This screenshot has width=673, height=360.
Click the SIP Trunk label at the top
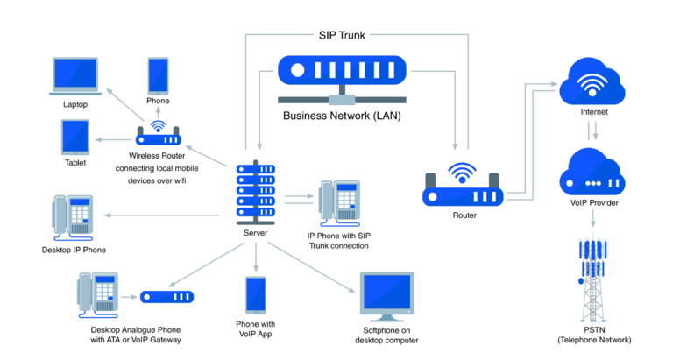[x=342, y=35]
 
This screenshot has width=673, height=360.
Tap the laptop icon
[x=75, y=76]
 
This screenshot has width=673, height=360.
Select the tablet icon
[x=75, y=138]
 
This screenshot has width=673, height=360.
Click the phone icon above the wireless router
[x=158, y=76]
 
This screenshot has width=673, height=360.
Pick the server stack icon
[x=256, y=193]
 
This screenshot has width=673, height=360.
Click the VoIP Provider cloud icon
[x=592, y=172]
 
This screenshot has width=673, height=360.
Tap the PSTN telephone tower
[x=593, y=279]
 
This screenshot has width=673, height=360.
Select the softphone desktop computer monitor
[x=386, y=297]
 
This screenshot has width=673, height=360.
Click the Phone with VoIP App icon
[x=255, y=295]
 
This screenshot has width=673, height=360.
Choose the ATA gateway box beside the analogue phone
[x=167, y=297]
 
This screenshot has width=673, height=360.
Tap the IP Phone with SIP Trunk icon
[x=339, y=203]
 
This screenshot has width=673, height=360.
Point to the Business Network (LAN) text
[x=342, y=116]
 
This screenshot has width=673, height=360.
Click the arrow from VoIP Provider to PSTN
[x=592, y=218]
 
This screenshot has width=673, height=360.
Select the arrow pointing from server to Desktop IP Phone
[x=162, y=215]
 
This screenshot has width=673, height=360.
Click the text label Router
[x=464, y=215]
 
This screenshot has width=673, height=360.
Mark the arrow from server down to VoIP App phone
[x=256, y=257]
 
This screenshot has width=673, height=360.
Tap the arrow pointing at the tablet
[x=113, y=139]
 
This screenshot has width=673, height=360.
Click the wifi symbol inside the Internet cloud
[x=592, y=85]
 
